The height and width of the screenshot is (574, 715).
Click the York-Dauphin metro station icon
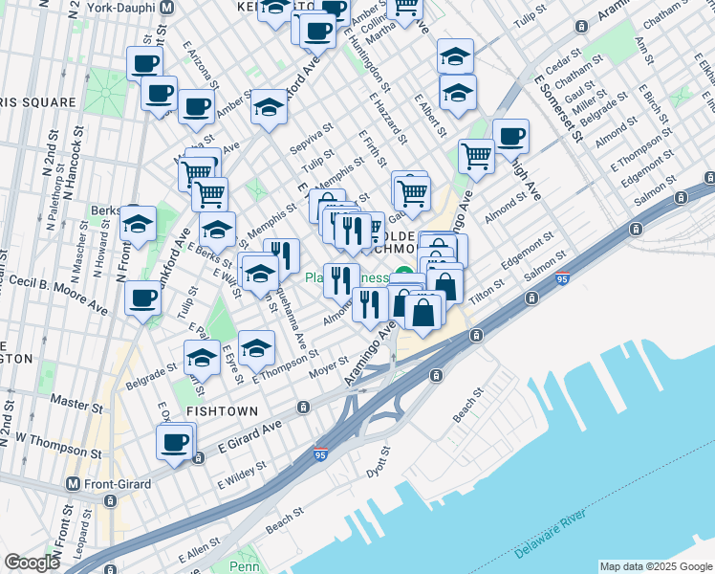click(x=166, y=6)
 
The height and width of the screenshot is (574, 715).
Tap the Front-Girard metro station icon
click(x=73, y=484)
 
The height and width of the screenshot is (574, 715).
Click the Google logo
click(x=32, y=563)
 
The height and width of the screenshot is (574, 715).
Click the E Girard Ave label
click(x=250, y=435)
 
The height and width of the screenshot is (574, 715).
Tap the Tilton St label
click(x=487, y=290)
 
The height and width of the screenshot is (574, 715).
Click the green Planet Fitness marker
click(x=405, y=278)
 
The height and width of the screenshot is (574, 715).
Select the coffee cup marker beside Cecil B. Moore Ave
click(x=144, y=298)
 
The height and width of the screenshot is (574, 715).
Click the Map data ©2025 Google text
click(x=655, y=566)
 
